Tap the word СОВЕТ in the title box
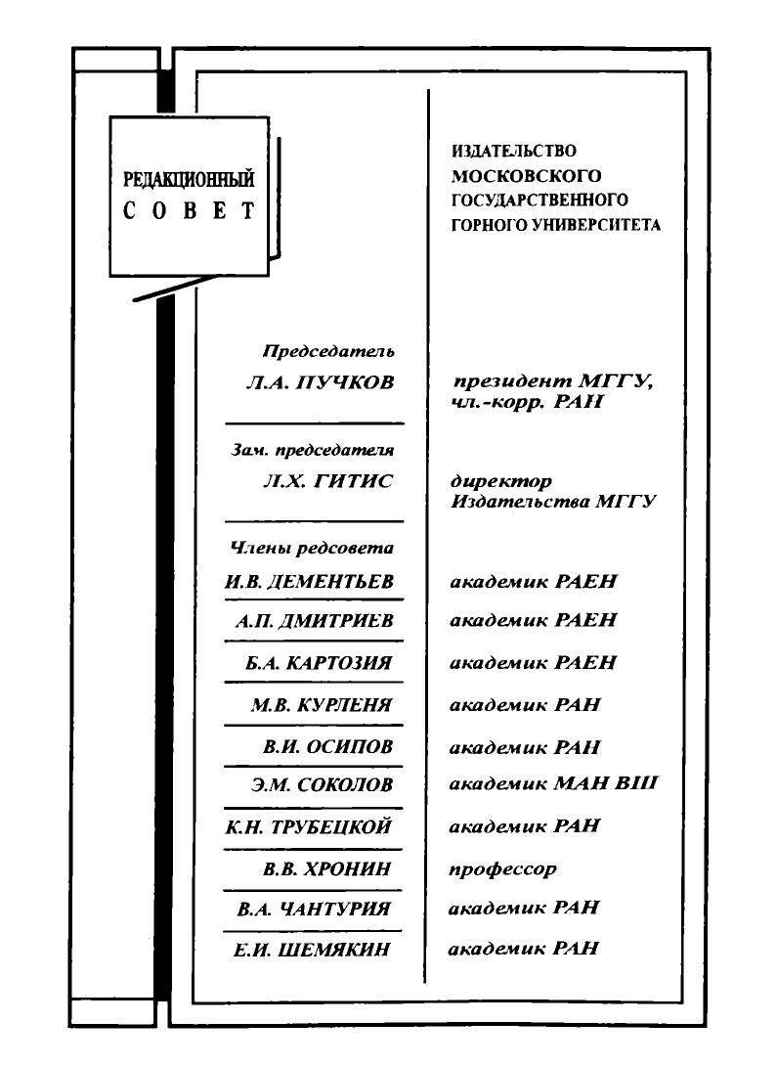[189, 212]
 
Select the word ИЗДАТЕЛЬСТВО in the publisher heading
[514, 152]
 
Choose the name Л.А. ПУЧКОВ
[321, 383]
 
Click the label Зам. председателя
[312, 451]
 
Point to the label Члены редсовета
[311, 549]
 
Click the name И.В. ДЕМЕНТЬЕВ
[309, 582]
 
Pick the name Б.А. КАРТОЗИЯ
[319, 663]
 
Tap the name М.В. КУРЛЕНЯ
[322, 705]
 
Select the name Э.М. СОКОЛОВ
[322, 784]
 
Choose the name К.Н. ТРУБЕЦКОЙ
[308, 827]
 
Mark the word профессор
[502, 868]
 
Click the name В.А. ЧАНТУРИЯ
[314, 909]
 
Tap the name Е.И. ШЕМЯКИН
[313, 949]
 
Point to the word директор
[500, 482]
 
